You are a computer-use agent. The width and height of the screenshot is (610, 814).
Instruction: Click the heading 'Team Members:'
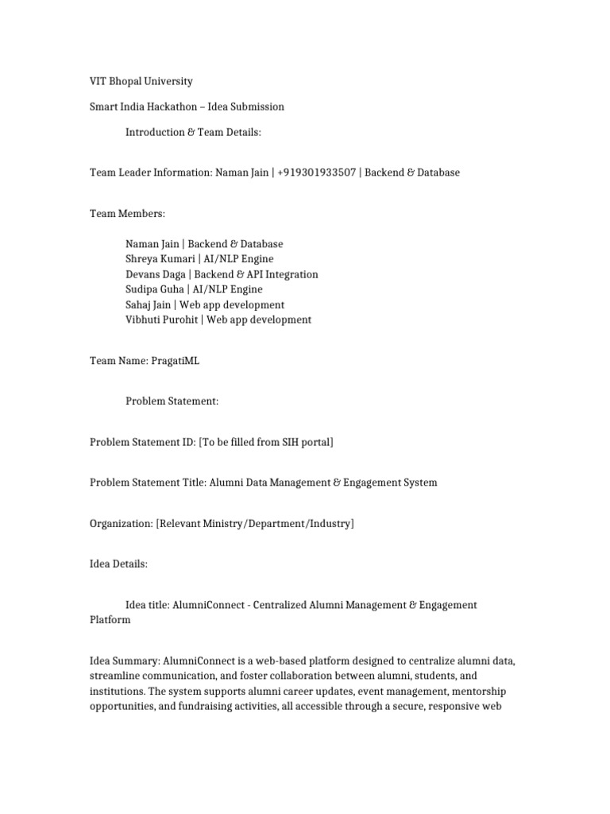(x=128, y=213)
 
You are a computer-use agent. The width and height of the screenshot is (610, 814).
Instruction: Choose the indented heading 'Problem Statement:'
(x=172, y=401)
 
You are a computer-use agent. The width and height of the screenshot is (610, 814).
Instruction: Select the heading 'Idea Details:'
(x=119, y=564)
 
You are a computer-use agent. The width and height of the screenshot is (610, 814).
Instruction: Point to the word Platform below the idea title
(x=110, y=620)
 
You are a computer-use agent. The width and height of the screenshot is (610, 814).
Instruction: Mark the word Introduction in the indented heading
(x=155, y=132)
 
